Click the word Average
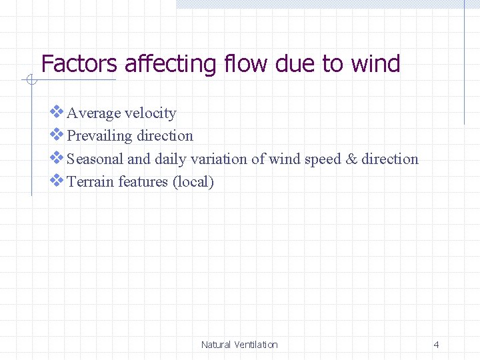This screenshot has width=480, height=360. click(x=93, y=113)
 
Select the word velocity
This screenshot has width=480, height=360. click(x=151, y=113)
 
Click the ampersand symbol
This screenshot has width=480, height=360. click(x=352, y=159)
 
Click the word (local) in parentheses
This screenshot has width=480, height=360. click(x=193, y=182)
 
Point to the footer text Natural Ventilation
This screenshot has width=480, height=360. click(x=239, y=345)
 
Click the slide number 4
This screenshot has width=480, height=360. click(x=436, y=345)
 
